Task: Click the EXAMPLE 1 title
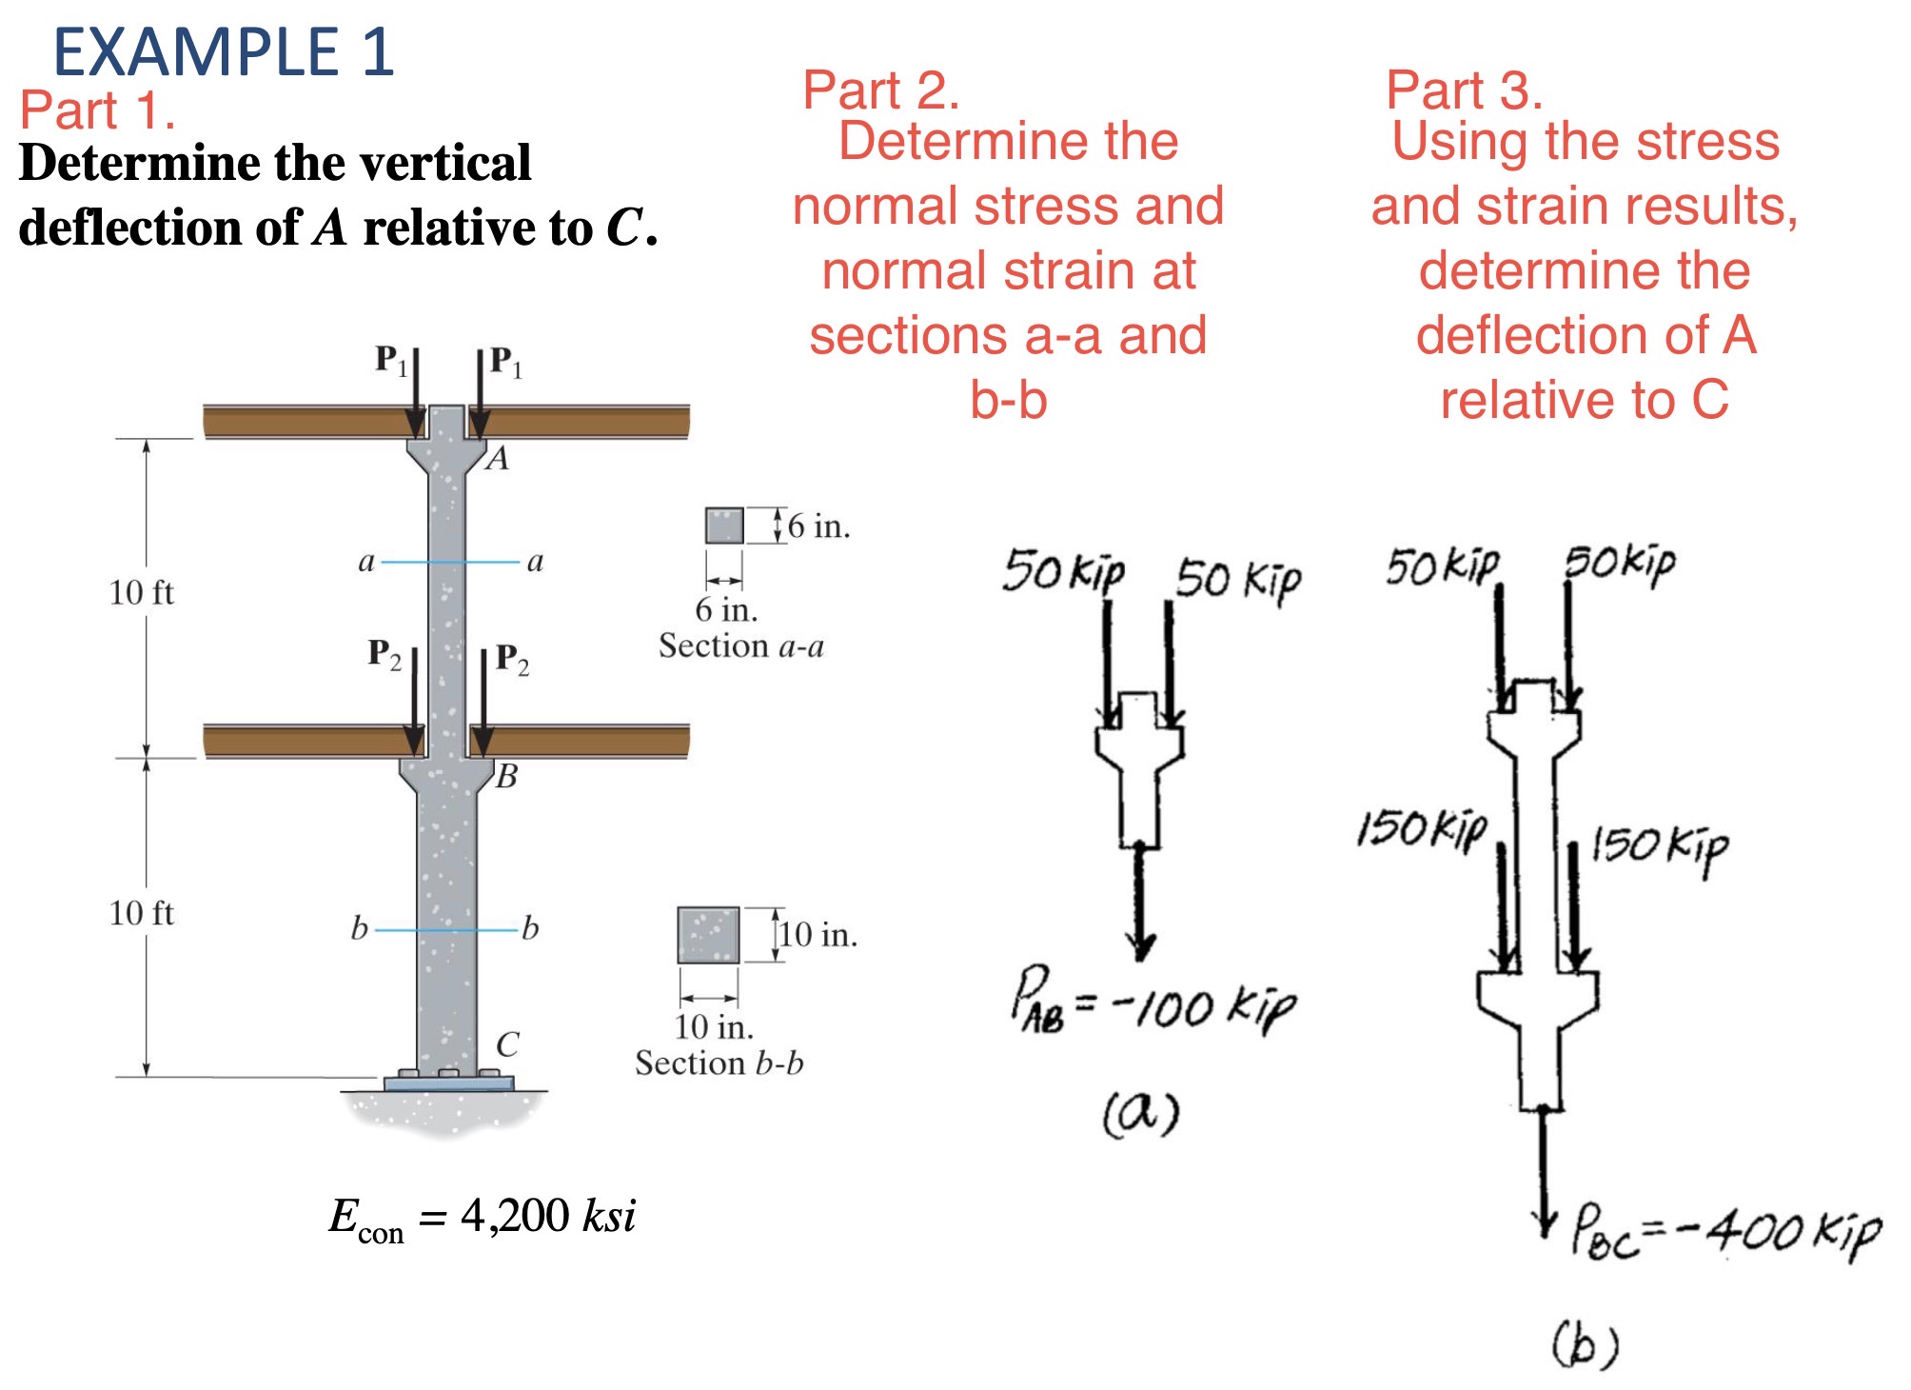tap(224, 51)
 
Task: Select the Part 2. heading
tap(880, 90)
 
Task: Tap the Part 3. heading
tap(1464, 90)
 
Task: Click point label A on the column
tap(498, 459)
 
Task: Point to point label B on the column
tap(506, 777)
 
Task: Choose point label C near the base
tap(507, 1044)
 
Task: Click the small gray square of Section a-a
tap(724, 526)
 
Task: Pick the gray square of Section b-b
tap(708, 935)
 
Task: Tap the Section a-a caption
tap(740, 646)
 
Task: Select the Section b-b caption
tap(719, 1062)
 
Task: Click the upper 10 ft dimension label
tap(141, 593)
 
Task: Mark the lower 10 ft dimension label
tap(141, 913)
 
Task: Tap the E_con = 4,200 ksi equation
tap(482, 1217)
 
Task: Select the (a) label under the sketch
tap(1141, 1112)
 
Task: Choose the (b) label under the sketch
tap(1585, 1343)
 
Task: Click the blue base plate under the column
tap(448, 1083)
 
